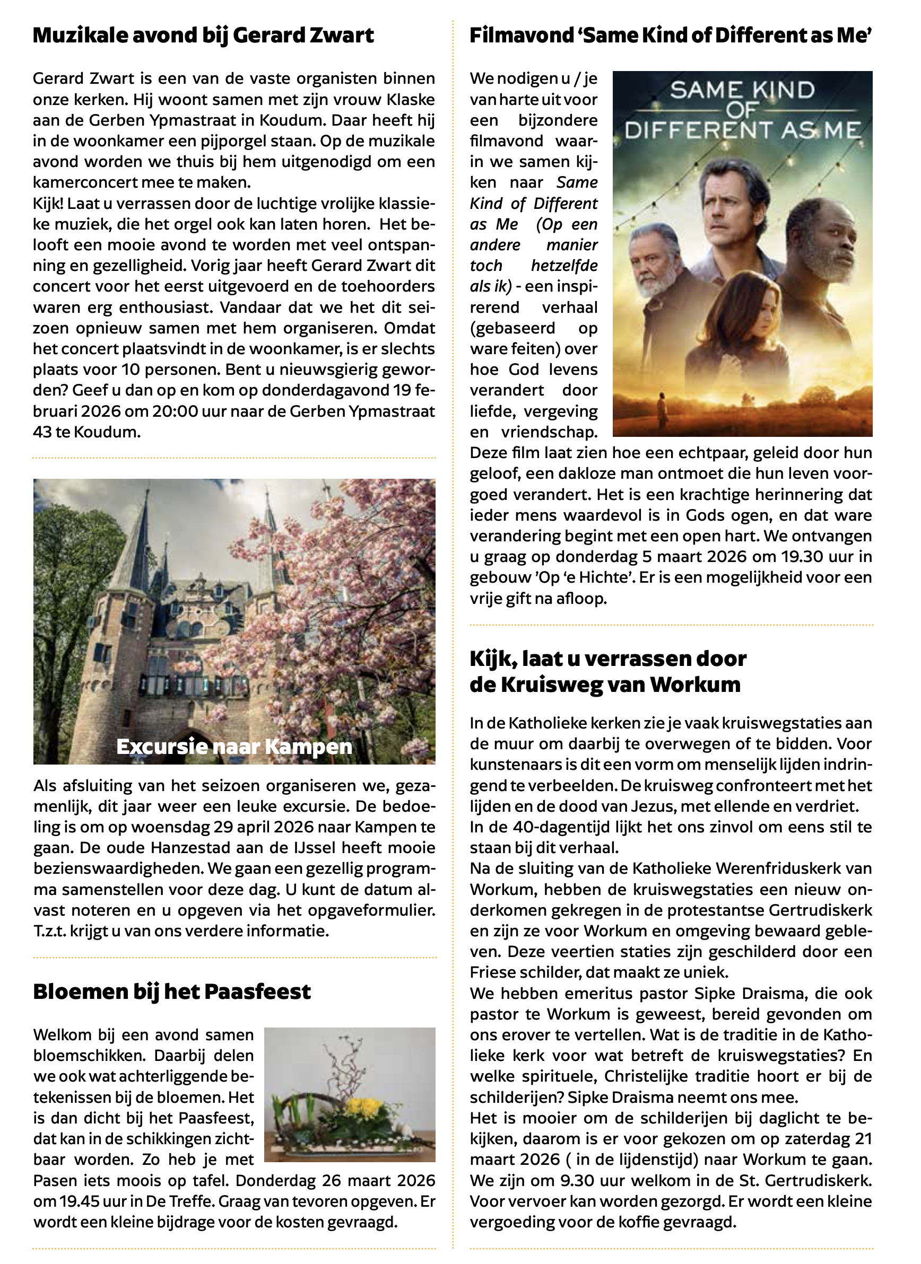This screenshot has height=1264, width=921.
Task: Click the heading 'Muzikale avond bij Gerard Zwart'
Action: pyautogui.click(x=203, y=35)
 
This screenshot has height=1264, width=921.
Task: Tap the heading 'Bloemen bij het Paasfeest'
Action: pyautogui.click(x=172, y=991)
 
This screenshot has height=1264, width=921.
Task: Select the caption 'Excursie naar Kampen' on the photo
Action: pyautogui.click(x=234, y=746)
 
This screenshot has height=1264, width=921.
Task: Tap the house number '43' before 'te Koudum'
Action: pyautogui.click(x=42, y=432)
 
